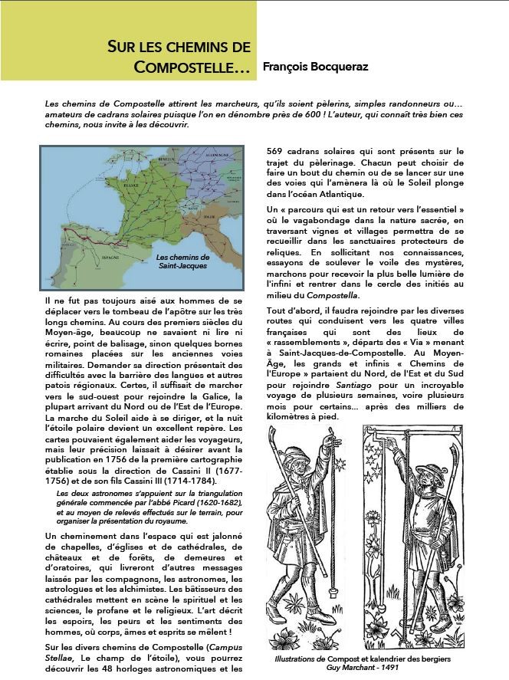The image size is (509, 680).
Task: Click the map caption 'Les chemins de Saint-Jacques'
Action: [x=182, y=261]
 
